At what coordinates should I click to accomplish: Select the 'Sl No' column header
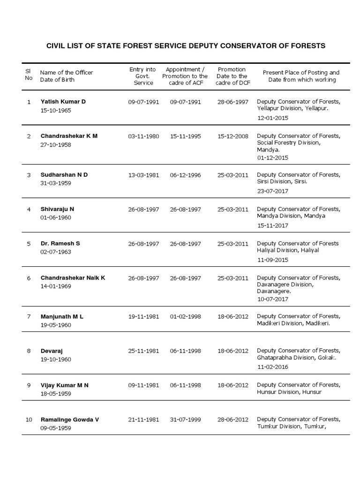click(x=29, y=74)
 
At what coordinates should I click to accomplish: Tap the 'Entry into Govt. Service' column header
click(x=143, y=76)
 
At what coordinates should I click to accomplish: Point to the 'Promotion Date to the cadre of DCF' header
click(x=232, y=76)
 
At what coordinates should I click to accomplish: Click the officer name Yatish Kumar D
click(x=63, y=102)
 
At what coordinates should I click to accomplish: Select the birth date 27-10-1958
click(x=56, y=145)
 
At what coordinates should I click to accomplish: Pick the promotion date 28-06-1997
click(x=233, y=102)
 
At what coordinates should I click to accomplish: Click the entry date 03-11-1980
click(x=143, y=136)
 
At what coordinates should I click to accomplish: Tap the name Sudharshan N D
click(x=64, y=175)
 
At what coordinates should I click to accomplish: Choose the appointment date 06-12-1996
click(x=185, y=175)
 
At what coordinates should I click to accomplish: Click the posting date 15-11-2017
click(x=272, y=225)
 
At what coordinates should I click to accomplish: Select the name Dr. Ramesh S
click(x=60, y=244)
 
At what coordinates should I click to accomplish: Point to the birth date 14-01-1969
click(x=56, y=286)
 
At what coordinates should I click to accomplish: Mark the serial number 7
click(x=29, y=317)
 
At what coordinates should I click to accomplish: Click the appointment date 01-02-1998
click(x=185, y=317)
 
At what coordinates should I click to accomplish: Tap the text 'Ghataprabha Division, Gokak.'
click(x=297, y=358)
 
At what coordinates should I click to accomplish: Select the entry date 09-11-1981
click(x=143, y=385)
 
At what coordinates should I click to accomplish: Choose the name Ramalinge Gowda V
click(x=70, y=420)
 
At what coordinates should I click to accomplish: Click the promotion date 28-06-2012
click(x=233, y=420)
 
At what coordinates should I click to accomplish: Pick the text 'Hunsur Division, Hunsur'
click(x=289, y=392)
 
